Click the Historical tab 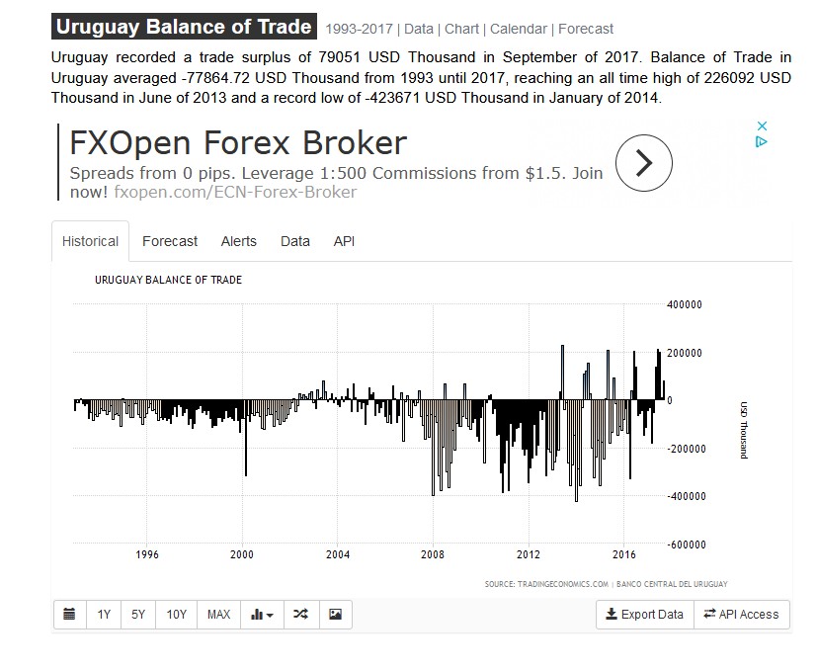pos(90,241)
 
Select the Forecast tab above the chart pos(170,241)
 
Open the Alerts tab pos(239,241)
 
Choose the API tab pos(344,241)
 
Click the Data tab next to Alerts pos(295,241)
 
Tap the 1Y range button pos(104,615)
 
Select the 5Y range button pos(138,615)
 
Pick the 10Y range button pos(177,615)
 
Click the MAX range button pos(218,615)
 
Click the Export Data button pos(644,615)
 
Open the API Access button pos(741,615)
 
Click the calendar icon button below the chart pos(69,615)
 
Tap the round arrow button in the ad pos(643,162)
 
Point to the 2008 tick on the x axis pos(433,554)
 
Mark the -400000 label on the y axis pos(684,496)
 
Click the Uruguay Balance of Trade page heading pos(184,28)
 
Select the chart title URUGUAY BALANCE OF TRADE pos(168,280)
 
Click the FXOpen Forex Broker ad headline pos(238,143)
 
